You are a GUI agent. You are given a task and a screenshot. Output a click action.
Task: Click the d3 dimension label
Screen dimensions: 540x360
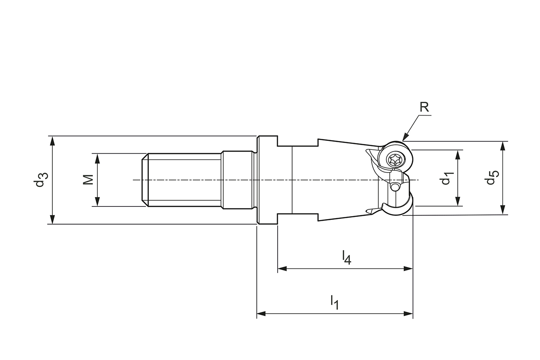click(40, 180)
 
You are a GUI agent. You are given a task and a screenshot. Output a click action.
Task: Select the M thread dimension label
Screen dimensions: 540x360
click(88, 180)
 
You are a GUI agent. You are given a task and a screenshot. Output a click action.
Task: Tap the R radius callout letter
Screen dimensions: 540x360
click(424, 107)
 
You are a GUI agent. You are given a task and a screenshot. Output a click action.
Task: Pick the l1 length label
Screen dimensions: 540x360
click(335, 302)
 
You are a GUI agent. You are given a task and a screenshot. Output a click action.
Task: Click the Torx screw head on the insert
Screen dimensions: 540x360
click(396, 159)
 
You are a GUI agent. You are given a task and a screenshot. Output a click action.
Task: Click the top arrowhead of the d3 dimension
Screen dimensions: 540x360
click(52, 141)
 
